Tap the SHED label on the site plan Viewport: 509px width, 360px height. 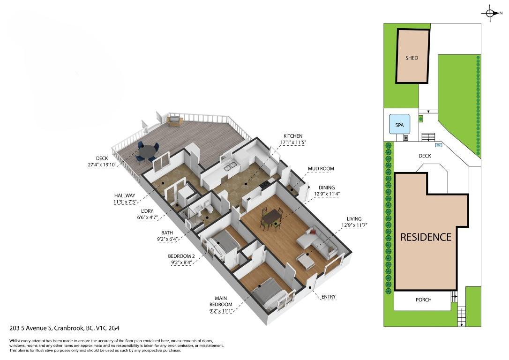pyautogui.click(x=412, y=58)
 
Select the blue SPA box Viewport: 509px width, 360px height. pyautogui.click(x=400, y=125)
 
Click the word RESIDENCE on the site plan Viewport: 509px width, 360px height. pyautogui.click(x=426, y=237)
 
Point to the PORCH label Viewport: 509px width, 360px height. pyautogui.click(x=423, y=300)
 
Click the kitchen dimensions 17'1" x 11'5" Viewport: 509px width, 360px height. pyautogui.click(x=293, y=142)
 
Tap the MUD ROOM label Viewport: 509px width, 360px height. pyautogui.click(x=321, y=168)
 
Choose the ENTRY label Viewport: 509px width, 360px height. pyautogui.click(x=328, y=297)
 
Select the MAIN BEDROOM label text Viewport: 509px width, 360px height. pyautogui.click(x=221, y=301)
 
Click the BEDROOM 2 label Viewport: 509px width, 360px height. pyautogui.click(x=181, y=256)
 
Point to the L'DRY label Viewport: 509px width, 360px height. pyautogui.click(x=147, y=211)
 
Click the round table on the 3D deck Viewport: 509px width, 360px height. pyautogui.click(x=148, y=150)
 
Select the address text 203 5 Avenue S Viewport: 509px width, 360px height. pyautogui.click(x=31, y=328)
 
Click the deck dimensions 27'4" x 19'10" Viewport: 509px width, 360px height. pyautogui.click(x=102, y=165)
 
